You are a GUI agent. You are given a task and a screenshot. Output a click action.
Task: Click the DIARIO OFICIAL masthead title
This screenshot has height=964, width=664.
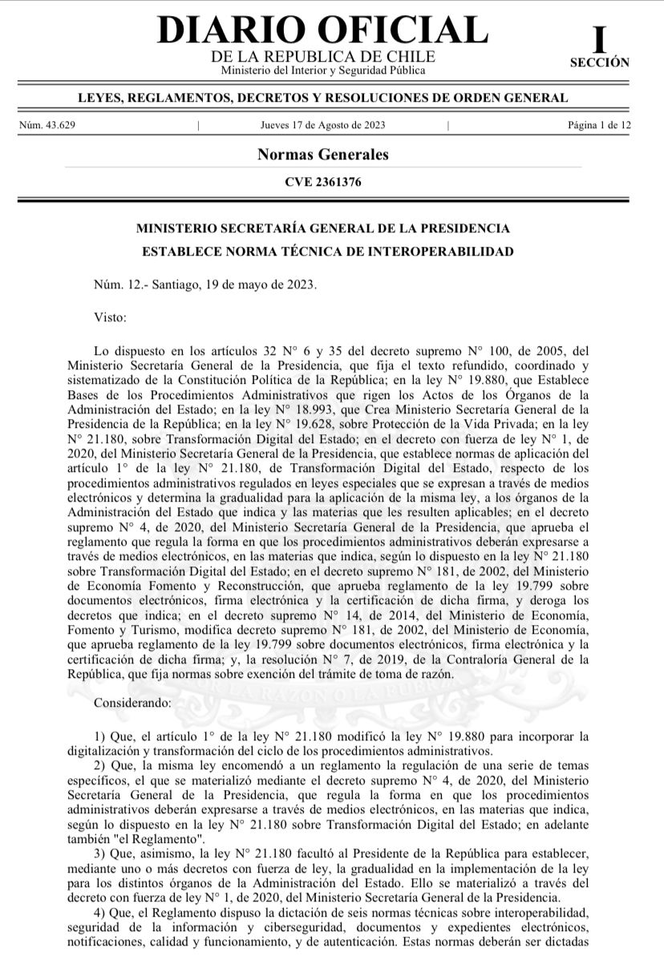coord(322,30)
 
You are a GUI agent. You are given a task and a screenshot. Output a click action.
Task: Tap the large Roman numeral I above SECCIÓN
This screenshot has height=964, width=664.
coord(599,39)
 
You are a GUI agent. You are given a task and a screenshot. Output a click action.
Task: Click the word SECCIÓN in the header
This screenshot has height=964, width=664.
coord(599,63)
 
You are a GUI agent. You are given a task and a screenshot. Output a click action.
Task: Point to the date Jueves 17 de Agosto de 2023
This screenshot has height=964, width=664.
coord(322,124)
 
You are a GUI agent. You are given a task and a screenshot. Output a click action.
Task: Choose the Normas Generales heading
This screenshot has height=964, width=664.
coord(322,155)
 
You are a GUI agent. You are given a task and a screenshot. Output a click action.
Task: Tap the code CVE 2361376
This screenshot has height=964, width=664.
coord(322,182)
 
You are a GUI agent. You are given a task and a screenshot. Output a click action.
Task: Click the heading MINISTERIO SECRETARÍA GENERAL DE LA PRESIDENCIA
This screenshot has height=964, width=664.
coord(322,228)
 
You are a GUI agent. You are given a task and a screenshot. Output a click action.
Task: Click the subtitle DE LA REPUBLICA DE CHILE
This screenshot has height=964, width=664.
coord(322,57)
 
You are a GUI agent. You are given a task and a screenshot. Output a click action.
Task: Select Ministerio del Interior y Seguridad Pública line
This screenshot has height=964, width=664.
coord(322,71)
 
